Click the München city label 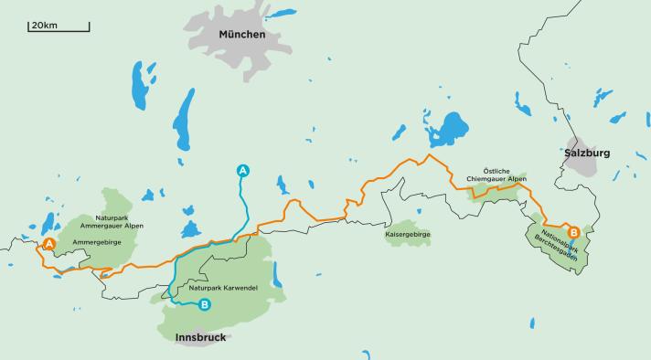241,35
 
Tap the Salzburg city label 587,153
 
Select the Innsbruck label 199,337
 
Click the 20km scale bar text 43,24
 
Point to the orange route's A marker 48,244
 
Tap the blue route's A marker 242,170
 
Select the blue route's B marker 205,305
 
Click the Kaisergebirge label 408,235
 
